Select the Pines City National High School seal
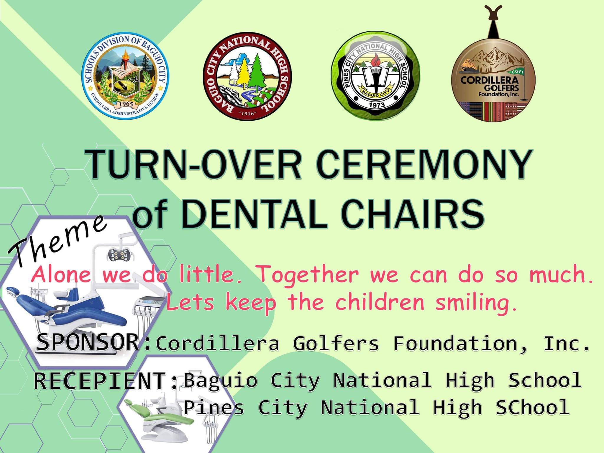click(375, 74)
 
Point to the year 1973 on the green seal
click(377, 105)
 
